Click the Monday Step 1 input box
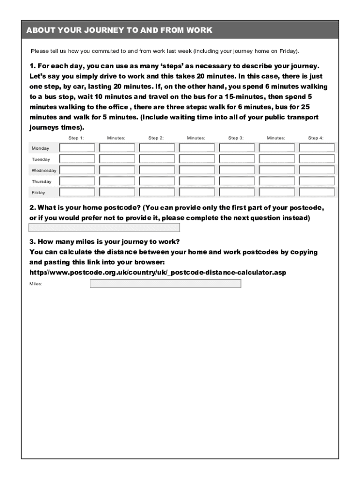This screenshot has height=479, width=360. (x=77, y=148)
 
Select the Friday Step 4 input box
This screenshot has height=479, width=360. (x=317, y=192)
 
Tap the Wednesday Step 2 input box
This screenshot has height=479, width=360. (x=157, y=170)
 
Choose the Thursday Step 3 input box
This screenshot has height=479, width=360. (x=237, y=181)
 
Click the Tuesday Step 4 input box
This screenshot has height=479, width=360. (x=317, y=159)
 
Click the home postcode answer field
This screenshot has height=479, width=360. (x=104, y=228)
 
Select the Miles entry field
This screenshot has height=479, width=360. (x=166, y=283)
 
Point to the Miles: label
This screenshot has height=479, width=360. (x=36, y=284)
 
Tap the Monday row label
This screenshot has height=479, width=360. (x=40, y=148)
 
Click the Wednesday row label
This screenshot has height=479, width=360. (x=43, y=170)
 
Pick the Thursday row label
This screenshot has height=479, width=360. (x=42, y=181)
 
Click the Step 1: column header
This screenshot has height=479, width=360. (x=76, y=138)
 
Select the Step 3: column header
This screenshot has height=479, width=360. (x=236, y=138)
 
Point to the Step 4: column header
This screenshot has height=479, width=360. (x=316, y=138)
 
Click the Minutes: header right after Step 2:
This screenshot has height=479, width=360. (x=196, y=138)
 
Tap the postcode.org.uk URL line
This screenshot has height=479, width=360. (x=158, y=272)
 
